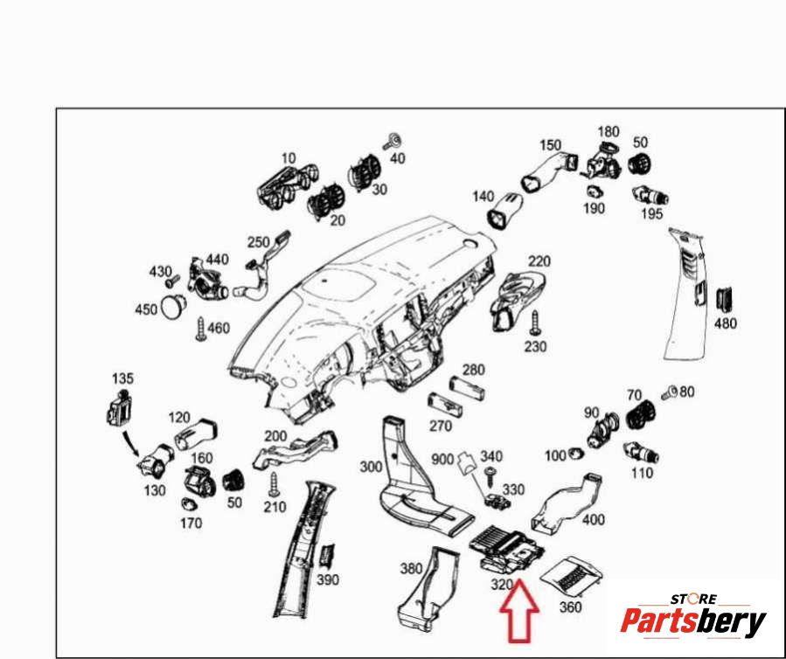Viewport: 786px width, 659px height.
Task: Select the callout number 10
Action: pos(289,158)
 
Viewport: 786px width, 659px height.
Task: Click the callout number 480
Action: pos(726,323)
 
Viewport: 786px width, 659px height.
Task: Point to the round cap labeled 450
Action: pos(176,306)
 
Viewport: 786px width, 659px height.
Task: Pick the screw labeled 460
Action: pos(200,329)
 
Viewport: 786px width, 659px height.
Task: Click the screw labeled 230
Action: pos(535,325)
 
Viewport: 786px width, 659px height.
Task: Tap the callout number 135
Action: pos(123,378)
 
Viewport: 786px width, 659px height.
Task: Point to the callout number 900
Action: pos(442,458)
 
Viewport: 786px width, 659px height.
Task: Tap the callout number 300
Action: pos(371,468)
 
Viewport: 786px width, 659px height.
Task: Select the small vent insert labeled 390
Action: pos(328,554)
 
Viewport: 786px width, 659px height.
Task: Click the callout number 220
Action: pos(539,260)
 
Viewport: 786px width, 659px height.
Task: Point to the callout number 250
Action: pos(258,242)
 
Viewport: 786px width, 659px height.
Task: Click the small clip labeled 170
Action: pos(187,504)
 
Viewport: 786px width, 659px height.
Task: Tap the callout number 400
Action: pos(593,520)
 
